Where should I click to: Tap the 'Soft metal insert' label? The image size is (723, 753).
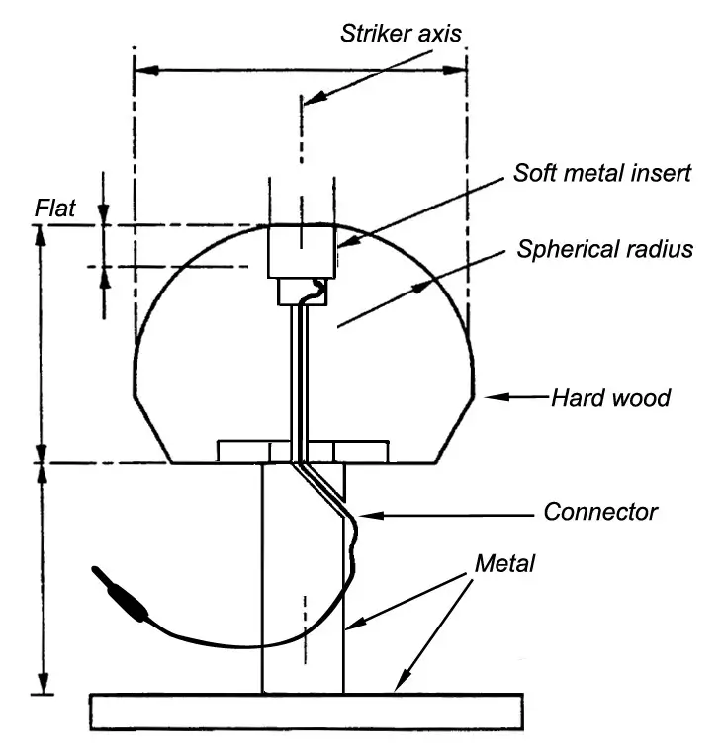click(x=601, y=173)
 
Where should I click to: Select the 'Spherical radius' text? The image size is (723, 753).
click(x=604, y=248)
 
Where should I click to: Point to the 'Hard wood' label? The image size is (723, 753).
click(x=610, y=398)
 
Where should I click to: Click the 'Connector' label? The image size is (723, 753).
click(x=600, y=512)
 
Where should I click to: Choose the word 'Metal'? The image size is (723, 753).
click(x=504, y=564)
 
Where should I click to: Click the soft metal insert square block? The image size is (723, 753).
click(x=302, y=251)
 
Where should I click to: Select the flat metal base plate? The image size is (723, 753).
click(x=306, y=711)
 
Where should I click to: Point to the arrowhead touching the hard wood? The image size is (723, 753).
click(x=488, y=398)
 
